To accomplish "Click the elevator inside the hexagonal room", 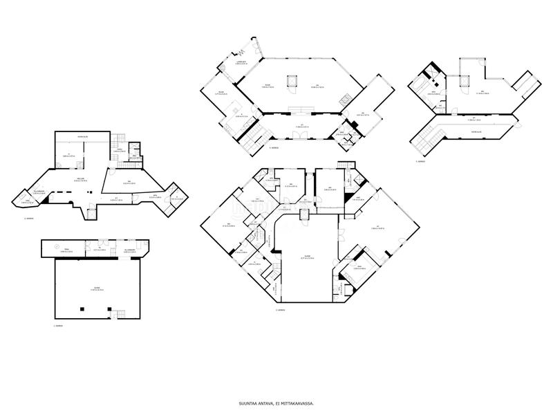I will point(292,82).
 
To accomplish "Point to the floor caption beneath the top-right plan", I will point(420,162).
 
